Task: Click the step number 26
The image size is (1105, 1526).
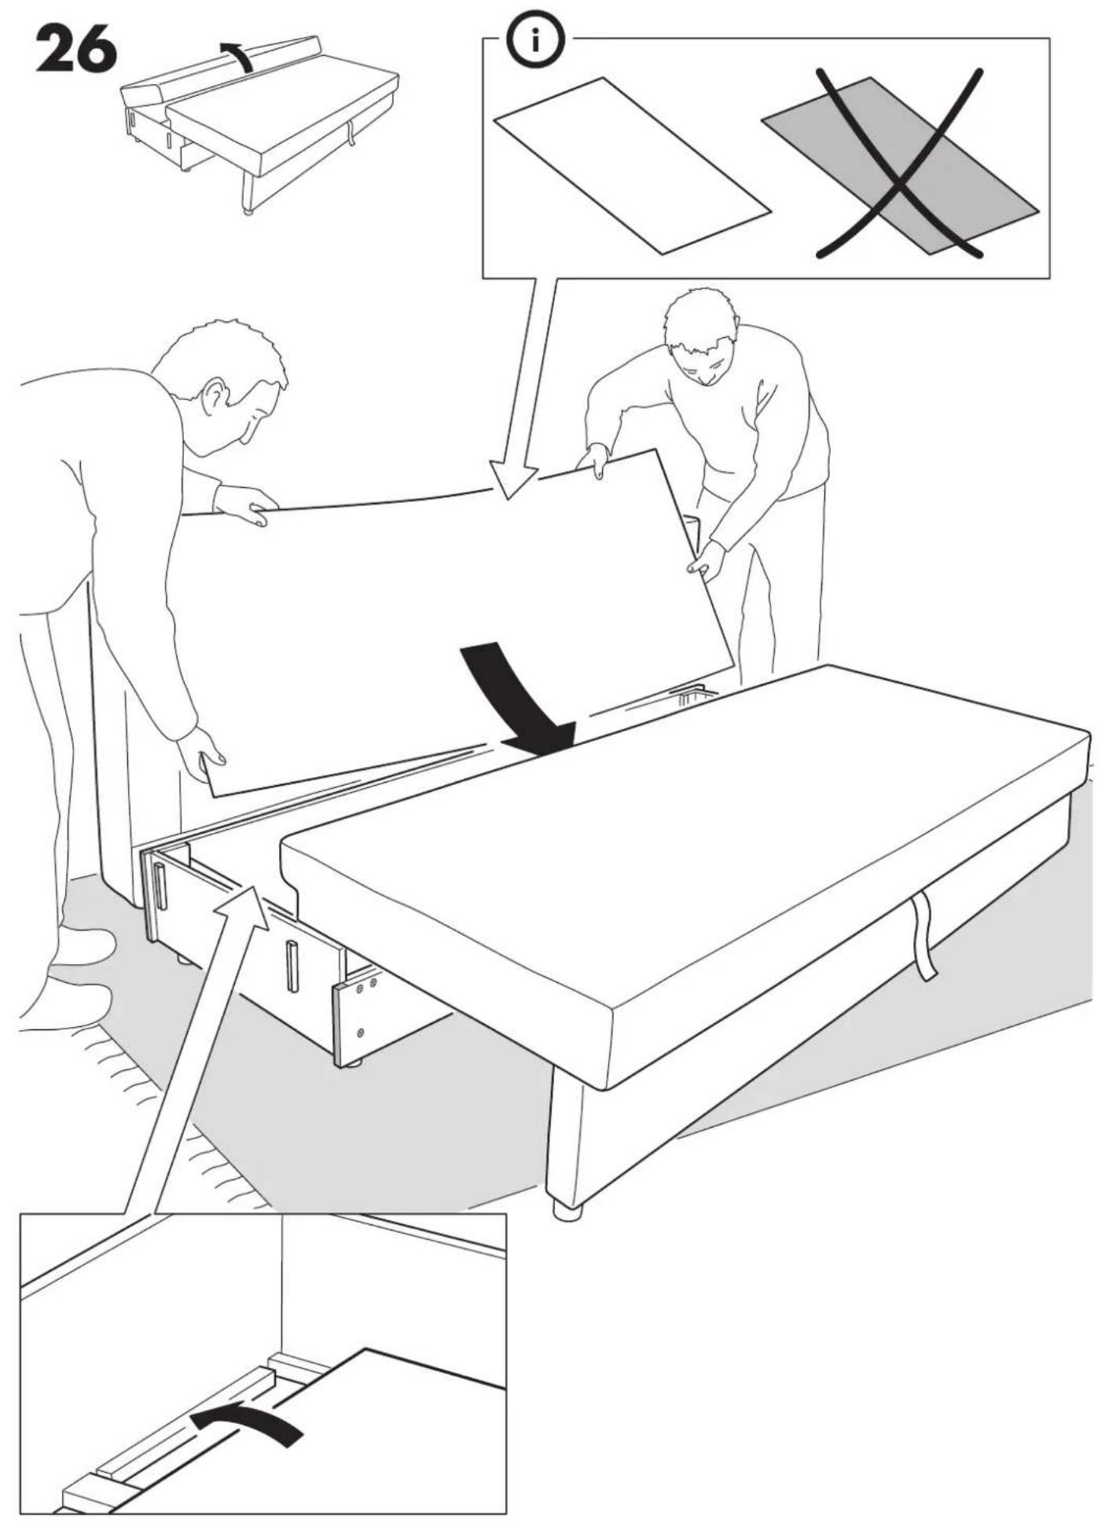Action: tap(76, 49)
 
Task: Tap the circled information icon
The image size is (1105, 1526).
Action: tap(534, 40)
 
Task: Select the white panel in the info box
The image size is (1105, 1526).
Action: tap(632, 166)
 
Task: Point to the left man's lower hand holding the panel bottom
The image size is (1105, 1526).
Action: tap(202, 753)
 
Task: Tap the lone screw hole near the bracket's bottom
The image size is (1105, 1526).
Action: tap(361, 1032)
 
